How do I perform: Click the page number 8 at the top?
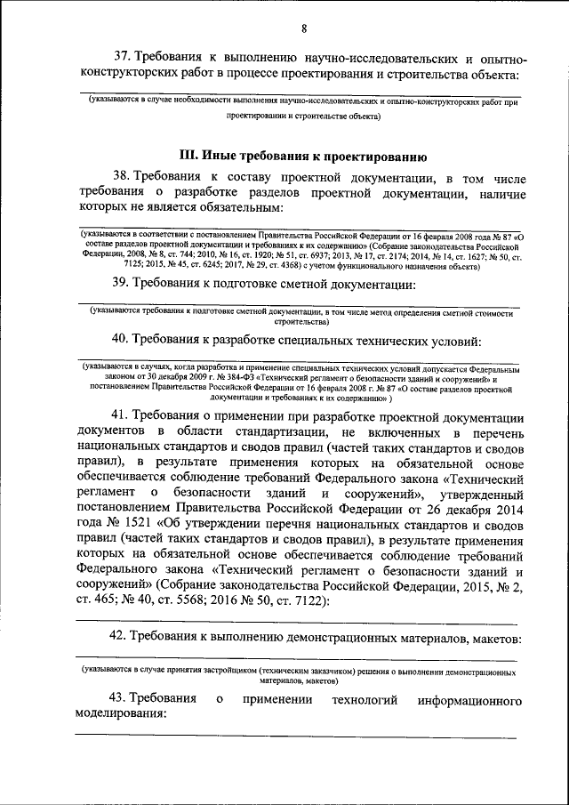303,28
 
